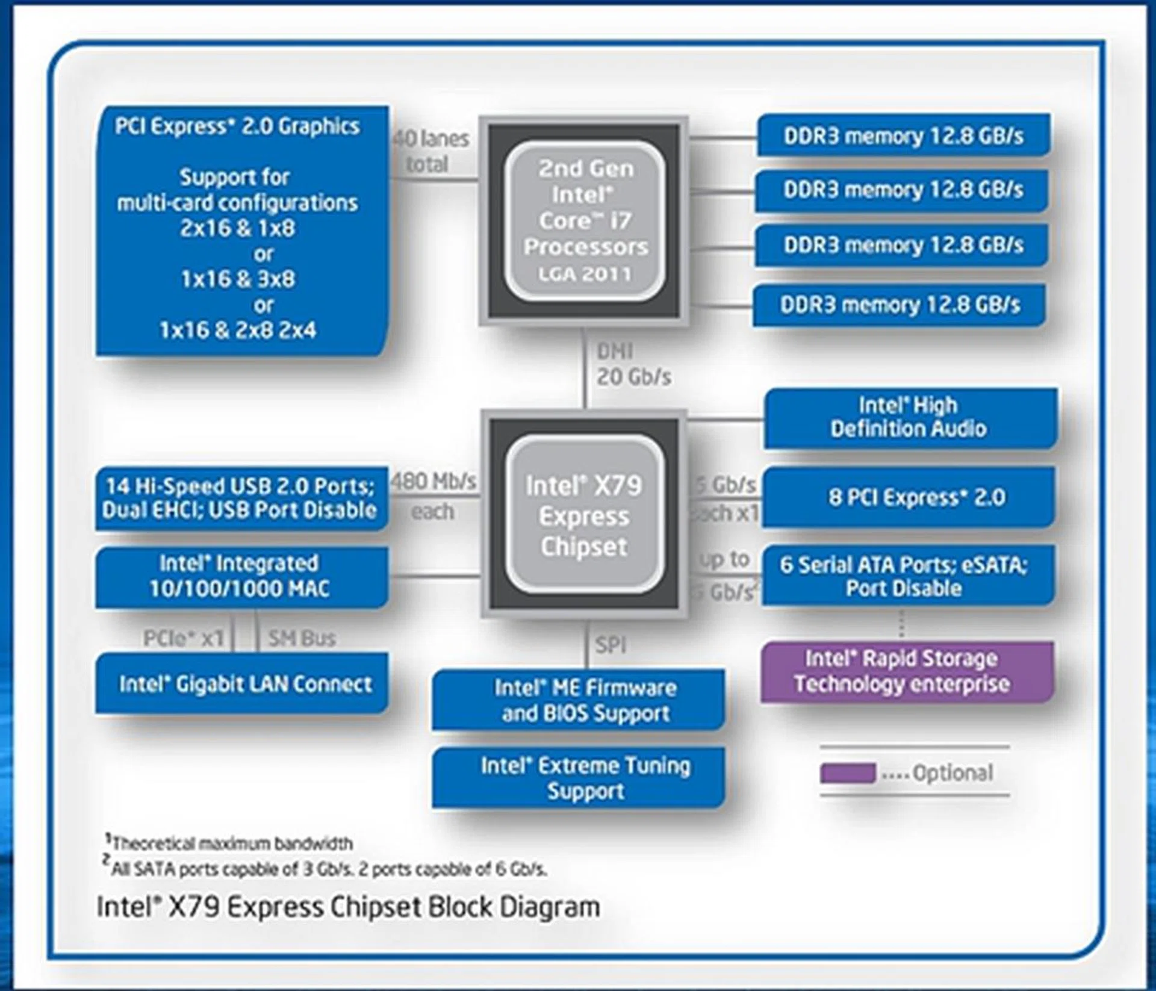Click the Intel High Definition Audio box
910,417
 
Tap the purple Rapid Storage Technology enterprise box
907,671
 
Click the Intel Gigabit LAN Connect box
241,684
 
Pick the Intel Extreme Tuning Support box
578,777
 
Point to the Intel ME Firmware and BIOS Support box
578,700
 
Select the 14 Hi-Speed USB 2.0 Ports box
241,498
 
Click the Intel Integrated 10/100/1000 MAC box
241,577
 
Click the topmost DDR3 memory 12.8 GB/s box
903,135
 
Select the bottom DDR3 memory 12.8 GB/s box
900,305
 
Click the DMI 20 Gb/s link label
632,364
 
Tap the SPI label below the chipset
611,645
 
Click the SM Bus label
301,638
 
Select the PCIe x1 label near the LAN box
183,638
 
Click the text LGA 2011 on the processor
585,275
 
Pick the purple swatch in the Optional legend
847,773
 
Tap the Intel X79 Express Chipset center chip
583,515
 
